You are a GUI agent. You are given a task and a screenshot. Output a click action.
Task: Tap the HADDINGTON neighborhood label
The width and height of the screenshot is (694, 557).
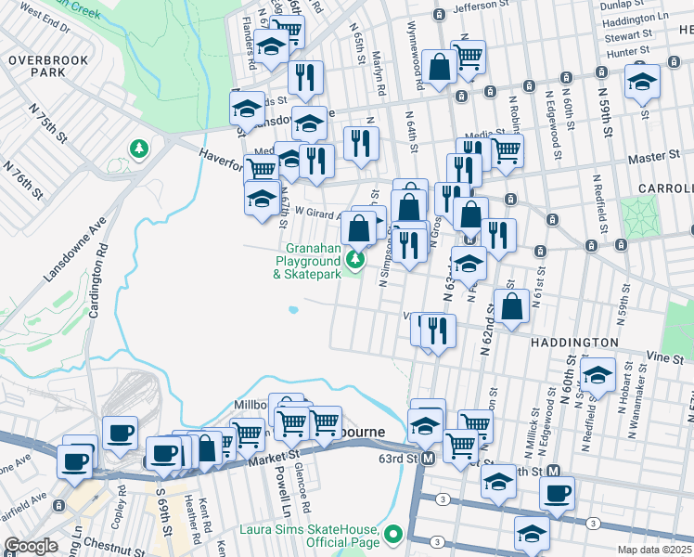tap(575, 343)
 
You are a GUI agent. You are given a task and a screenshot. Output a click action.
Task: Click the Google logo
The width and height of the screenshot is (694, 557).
tap(31, 546)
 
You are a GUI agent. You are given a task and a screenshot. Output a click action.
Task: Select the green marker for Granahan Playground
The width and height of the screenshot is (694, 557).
tap(354, 261)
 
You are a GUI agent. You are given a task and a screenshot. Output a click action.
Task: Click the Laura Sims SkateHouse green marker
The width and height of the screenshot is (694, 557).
tap(394, 534)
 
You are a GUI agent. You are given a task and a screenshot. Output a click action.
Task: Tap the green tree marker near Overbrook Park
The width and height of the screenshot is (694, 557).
tap(139, 149)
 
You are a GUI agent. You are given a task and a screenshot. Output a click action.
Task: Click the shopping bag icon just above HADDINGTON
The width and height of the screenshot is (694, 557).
tap(511, 304)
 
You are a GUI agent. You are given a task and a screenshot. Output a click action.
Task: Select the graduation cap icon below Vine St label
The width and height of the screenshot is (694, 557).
tap(598, 375)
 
